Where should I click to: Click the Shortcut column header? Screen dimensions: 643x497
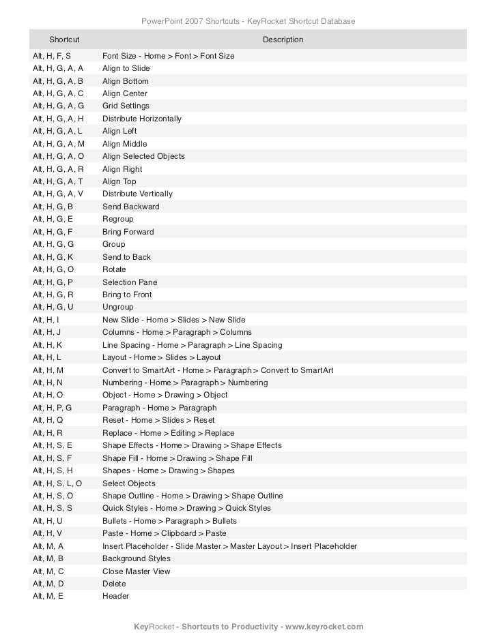coord(64,40)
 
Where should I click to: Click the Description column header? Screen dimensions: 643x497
coord(283,40)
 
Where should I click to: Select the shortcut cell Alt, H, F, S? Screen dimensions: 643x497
coord(52,56)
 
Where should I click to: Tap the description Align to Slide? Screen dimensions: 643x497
coord(126,69)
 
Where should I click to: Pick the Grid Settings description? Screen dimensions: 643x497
coord(126,106)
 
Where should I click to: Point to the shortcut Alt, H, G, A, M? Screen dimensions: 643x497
coord(59,144)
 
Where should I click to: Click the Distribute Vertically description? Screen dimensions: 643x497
coord(137,194)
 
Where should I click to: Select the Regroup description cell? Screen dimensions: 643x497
coord(118,220)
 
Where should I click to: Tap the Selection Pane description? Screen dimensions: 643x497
coord(130,282)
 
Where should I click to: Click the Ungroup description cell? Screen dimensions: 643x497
coord(118,308)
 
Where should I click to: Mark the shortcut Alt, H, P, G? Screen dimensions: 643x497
coord(53,408)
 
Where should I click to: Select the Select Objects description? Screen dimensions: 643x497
coord(129,483)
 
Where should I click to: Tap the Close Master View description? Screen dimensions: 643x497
coord(137,571)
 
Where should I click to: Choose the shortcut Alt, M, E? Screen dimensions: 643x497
coord(48,596)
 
